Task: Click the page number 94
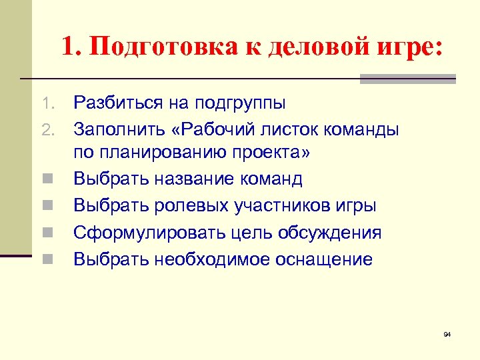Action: [x=447, y=333]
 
